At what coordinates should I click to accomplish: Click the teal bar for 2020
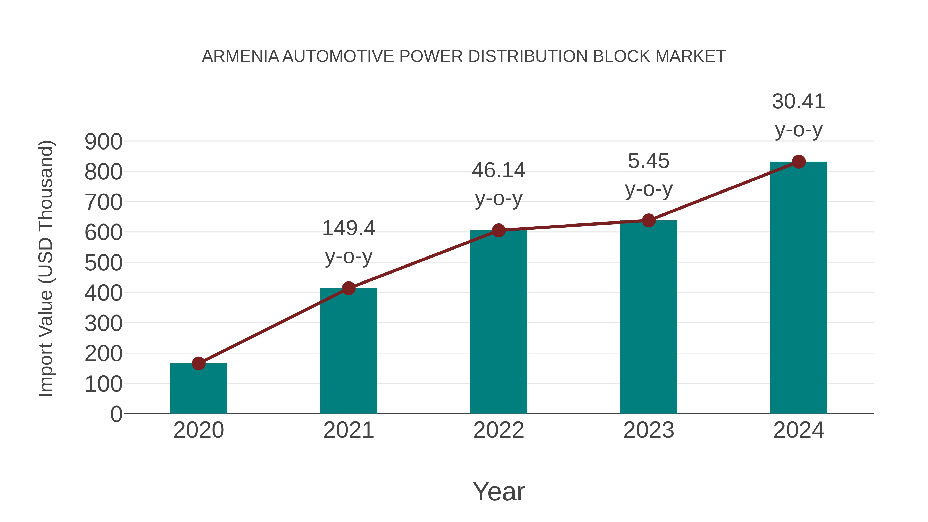(x=198, y=389)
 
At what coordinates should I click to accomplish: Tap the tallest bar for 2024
(x=799, y=288)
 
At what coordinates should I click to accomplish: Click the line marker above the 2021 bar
(x=348, y=288)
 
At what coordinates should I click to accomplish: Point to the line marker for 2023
(x=649, y=220)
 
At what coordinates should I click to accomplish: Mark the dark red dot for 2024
(x=799, y=162)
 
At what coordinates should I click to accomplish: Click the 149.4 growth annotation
(x=348, y=228)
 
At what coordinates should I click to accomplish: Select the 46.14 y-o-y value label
(x=499, y=170)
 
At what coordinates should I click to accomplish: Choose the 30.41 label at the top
(x=799, y=101)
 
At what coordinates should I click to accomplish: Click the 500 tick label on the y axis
(x=103, y=263)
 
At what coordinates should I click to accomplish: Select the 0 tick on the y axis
(x=116, y=414)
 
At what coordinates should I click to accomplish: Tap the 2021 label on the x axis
(x=348, y=430)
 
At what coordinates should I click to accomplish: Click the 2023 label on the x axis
(x=649, y=430)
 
